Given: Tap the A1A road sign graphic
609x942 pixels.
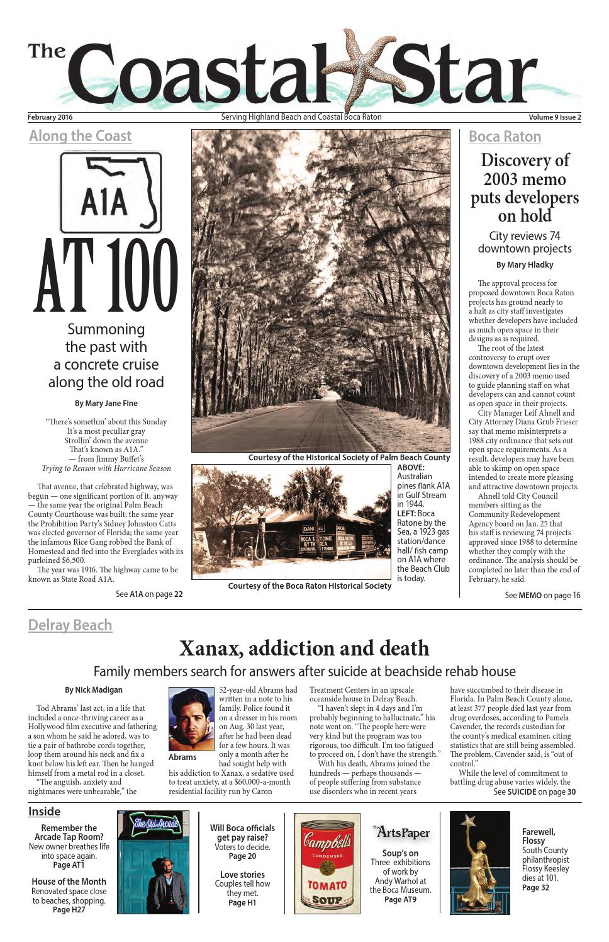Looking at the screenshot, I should (111, 193).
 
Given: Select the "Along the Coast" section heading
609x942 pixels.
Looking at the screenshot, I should (80, 136).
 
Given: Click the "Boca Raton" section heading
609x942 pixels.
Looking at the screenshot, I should (505, 137).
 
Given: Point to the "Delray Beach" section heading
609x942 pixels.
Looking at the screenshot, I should (70, 625).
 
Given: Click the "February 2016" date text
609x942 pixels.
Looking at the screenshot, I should (50, 117).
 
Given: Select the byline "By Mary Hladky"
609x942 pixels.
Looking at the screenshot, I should (525, 265).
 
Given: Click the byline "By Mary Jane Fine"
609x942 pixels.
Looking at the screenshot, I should (106, 404).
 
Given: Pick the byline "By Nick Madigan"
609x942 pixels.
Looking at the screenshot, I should (94, 690).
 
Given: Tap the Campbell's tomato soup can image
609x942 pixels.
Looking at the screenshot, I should (327, 863).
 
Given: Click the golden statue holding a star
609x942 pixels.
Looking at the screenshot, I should (479, 863).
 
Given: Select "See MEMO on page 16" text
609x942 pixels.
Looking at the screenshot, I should (542, 595).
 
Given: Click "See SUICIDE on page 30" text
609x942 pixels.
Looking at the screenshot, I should (534, 792).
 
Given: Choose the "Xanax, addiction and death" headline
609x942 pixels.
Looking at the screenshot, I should (304, 648).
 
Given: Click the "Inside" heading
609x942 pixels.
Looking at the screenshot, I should (44, 812).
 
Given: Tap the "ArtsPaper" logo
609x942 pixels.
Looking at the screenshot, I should (401, 832).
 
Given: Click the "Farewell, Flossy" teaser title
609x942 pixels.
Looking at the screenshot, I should (539, 836).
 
